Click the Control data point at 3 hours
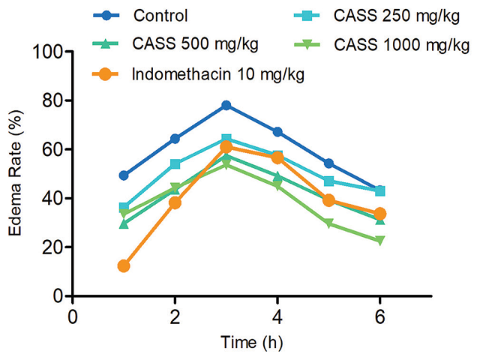click(x=226, y=106)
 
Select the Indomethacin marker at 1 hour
click(x=124, y=265)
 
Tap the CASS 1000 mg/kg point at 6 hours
click(x=379, y=241)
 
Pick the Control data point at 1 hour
click(x=124, y=175)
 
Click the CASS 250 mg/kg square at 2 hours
click(x=175, y=164)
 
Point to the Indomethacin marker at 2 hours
click(x=175, y=202)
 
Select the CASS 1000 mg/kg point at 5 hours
click(x=328, y=223)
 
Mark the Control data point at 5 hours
click(x=328, y=163)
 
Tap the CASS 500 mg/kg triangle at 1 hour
click(x=124, y=223)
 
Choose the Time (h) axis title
click(x=251, y=343)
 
